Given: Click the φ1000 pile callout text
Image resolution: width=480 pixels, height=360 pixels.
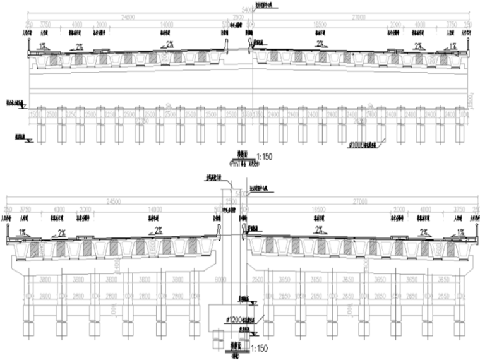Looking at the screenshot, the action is tap(367, 143).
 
